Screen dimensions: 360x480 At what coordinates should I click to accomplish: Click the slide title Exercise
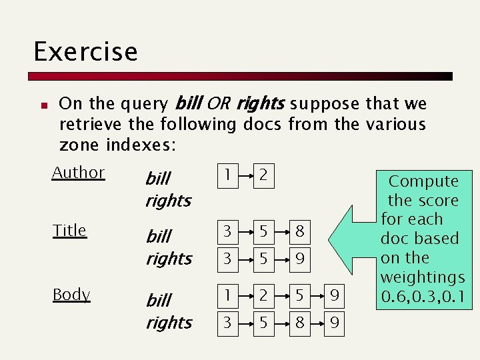pos(85,52)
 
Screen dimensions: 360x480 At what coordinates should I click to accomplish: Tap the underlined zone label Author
pos(78,173)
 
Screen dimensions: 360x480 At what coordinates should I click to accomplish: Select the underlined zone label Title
pos(69,231)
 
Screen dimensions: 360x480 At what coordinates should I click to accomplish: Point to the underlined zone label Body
pos(71,295)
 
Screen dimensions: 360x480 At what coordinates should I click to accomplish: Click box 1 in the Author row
pos(228,175)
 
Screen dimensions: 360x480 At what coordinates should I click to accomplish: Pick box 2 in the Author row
pos(264,175)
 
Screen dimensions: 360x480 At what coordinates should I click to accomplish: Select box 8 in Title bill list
pos(300,232)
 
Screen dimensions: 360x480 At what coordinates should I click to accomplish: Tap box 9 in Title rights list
pos(300,259)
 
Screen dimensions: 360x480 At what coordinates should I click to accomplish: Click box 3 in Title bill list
pos(228,232)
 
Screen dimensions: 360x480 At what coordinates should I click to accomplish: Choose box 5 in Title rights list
pos(264,259)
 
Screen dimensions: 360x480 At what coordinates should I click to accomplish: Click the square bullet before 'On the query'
pos(42,105)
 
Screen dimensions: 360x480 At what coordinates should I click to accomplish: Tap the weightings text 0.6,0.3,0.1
pos(423,296)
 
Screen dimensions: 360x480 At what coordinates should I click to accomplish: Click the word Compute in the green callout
pos(423,181)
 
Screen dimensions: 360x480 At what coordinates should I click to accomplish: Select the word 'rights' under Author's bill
pos(168,201)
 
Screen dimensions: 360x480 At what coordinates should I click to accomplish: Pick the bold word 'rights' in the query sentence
pos(260,104)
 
